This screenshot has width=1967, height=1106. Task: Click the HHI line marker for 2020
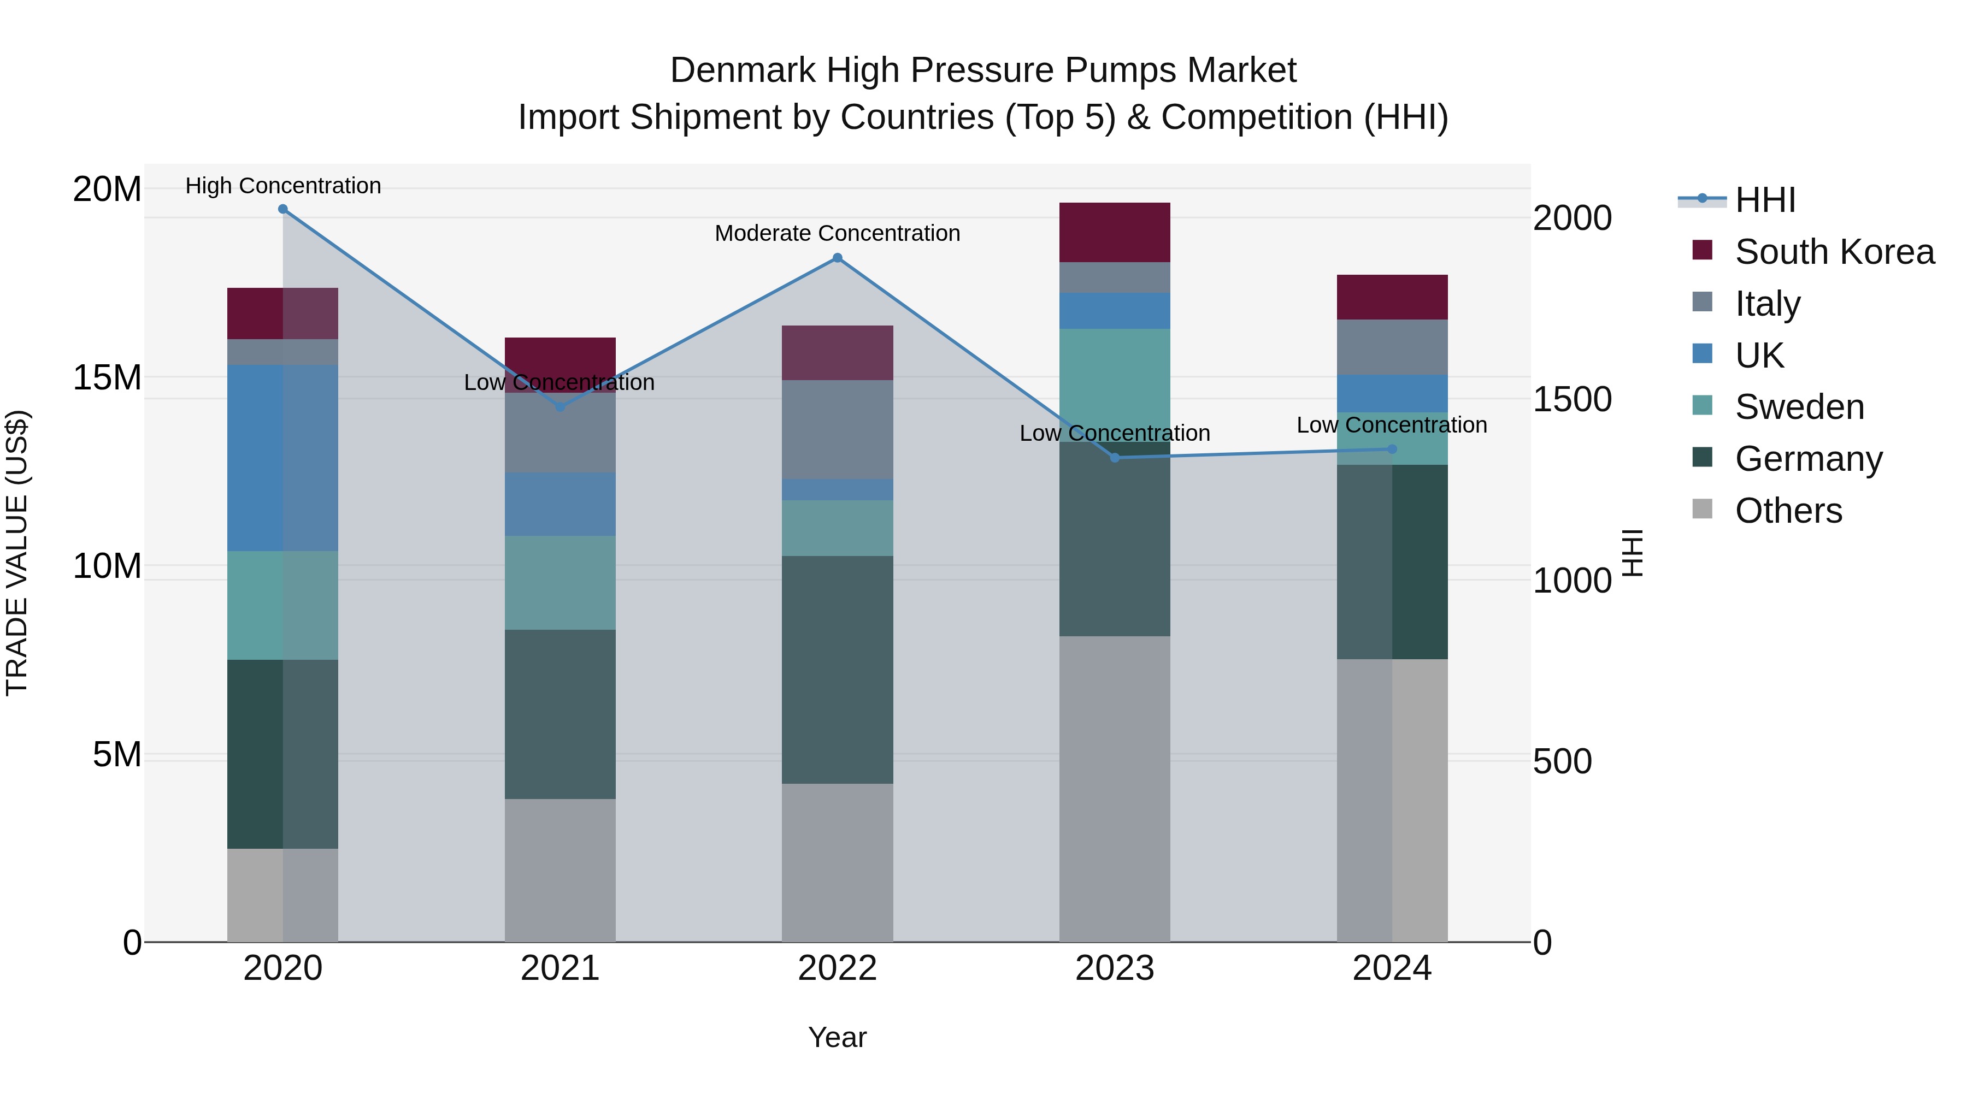282,209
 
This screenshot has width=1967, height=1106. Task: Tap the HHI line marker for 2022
837,258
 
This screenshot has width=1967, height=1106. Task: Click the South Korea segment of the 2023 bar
1114,232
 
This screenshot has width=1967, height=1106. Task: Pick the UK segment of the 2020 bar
282,458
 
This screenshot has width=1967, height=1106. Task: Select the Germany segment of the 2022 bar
837,670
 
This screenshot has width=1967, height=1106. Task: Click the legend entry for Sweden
1799,407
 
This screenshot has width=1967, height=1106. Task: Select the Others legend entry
1788,511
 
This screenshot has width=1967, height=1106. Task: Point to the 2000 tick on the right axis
1571,218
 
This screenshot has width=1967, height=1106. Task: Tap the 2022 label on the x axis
837,968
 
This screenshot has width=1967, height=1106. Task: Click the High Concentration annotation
282,186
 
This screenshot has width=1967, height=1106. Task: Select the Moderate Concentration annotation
837,233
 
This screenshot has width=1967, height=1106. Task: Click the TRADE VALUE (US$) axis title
17,553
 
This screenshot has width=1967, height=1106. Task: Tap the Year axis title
837,1037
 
